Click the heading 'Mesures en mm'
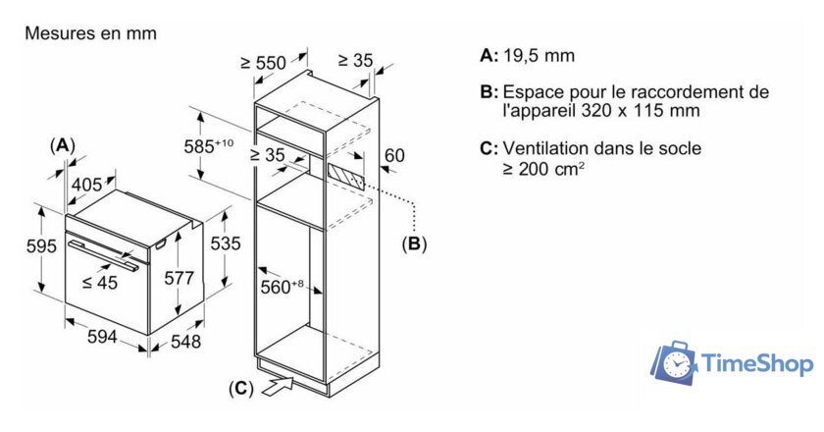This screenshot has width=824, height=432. coord(90,33)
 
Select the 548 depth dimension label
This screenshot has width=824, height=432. coord(184,341)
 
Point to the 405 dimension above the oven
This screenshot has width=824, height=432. coord(86,184)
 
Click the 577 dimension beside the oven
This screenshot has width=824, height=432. coord(178,279)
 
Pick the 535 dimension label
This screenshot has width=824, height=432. coord(226,243)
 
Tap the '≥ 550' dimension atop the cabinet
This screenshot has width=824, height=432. coord(263,63)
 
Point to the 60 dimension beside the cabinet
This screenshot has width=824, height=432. coord(393,155)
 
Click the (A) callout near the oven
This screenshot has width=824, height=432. coord(62,144)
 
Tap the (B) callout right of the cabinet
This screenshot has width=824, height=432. coord(414,243)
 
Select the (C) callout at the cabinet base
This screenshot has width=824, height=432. coord(240,389)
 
